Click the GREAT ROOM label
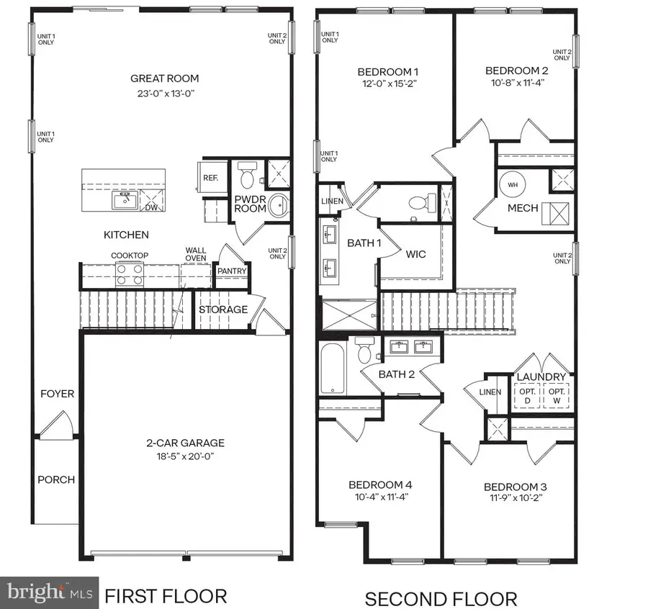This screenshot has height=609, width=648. coord(164,78)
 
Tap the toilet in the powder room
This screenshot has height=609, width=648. coord(247,175)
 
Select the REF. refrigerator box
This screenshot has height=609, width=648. coord(210,176)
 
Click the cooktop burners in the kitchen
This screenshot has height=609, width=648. coord(129,274)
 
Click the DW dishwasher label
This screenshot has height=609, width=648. coord(152,207)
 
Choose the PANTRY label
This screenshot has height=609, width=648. coord(233,271)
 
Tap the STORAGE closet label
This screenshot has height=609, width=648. coord(224,310)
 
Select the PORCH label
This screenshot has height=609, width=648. coord(56,480)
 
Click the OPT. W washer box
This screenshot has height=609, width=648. coord(555,394)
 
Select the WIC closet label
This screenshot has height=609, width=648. coord(417,254)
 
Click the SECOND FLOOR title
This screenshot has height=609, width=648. coord(441,599)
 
